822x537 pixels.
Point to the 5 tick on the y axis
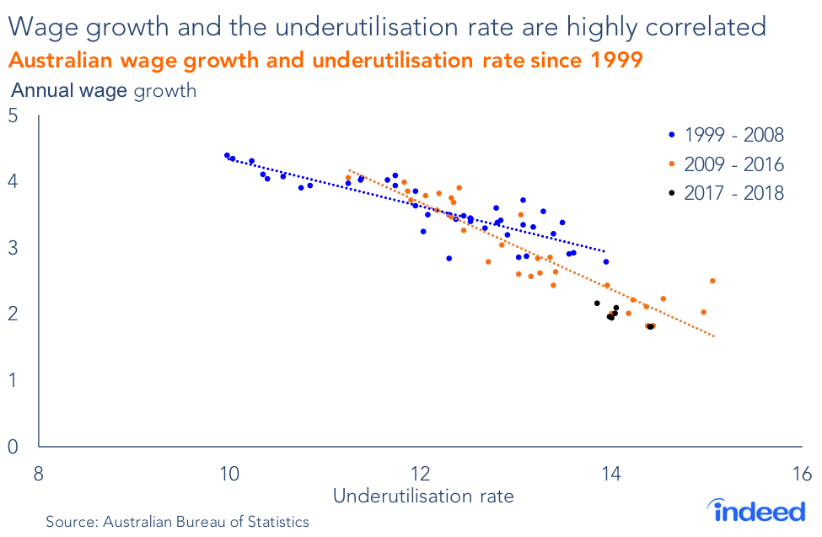pyautogui.click(x=14, y=116)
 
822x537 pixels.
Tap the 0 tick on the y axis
pyautogui.click(x=14, y=447)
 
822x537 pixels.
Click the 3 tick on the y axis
pyautogui.click(x=14, y=249)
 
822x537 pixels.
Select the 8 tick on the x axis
pyautogui.click(x=38, y=472)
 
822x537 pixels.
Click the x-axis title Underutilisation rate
pyautogui.click(x=422, y=497)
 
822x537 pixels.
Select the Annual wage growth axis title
pyautogui.click(x=102, y=90)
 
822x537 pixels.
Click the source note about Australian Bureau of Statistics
pyautogui.click(x=177, y=522)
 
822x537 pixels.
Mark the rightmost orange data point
pyautogui.click(x=712, y=281)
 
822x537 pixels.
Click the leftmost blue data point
pyautogui.click(x=227, y=155)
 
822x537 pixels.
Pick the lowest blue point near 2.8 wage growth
pyautogui.click(x=449, y=258)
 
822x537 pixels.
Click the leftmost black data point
pyautogui.click(x=597, y=303)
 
